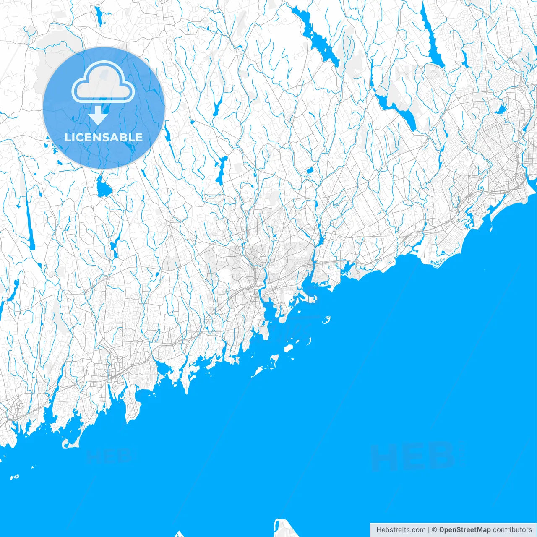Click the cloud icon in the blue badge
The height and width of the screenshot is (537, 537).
click(x=103, y=81)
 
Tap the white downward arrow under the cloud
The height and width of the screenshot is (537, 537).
click(x=98, y=115)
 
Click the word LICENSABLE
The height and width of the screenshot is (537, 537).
click(x=104, y=137)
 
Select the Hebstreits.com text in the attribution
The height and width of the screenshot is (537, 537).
click(x=401, y=530)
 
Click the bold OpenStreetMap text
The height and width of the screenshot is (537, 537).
click(x=464, y=530)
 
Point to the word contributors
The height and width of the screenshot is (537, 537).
click(x=512, y=530)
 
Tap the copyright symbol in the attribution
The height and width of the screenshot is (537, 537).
click(x=434, y=530)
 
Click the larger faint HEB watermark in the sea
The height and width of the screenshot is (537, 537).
click(x=413, y=456)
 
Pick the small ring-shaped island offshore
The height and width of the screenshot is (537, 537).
click(x=326, y=320)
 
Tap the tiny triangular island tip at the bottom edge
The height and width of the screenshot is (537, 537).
click(x=180, y=534)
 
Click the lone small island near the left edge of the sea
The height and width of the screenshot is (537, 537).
click(x=15, y=477)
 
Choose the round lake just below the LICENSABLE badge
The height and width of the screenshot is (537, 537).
click(x=103, y=189)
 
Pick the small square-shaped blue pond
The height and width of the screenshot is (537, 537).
click(x=310, y=171)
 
